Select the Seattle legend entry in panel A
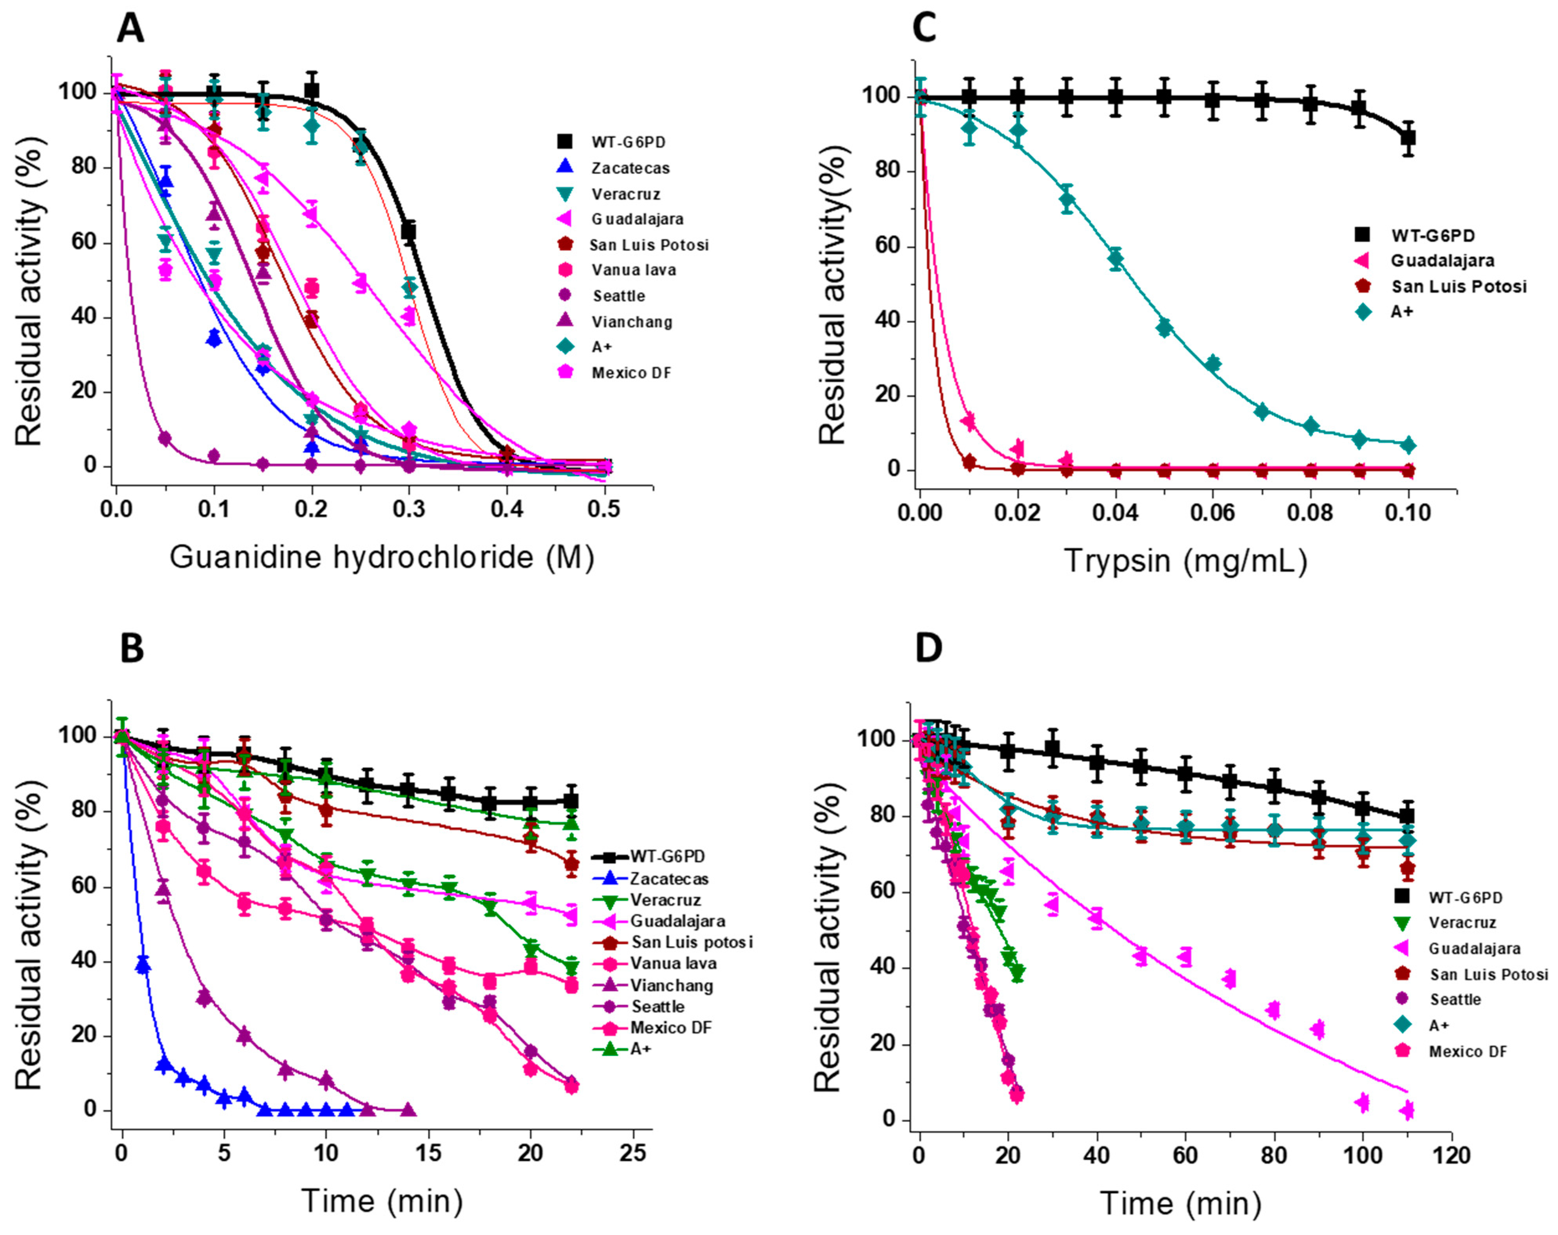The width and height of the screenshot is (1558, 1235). coord(619,295)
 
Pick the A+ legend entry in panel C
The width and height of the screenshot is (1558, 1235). coord(1402,312)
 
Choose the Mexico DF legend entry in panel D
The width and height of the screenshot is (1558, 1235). coord(1467,1052)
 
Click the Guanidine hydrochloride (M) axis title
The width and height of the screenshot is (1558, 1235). coord(382,557)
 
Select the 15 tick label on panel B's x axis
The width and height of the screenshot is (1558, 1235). coord(429,1154)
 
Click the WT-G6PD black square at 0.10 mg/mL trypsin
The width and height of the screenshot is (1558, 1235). coord(1408,137)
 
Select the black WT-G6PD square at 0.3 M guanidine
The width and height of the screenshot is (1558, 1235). coord(409,231)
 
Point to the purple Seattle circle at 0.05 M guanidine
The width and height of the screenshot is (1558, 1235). coord(165,438)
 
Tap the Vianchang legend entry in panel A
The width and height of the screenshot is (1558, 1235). coord(632,322)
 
